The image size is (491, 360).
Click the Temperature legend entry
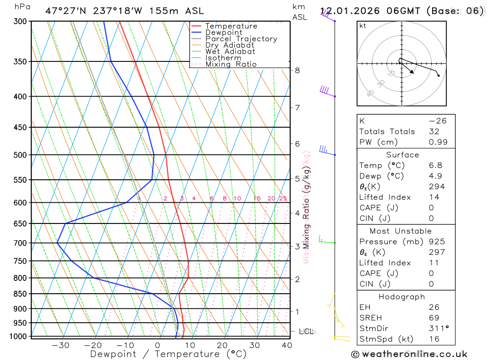click(x=231, y=26)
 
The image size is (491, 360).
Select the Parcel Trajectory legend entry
click(x=241, y=39)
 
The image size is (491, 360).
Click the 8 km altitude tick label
click(x=297, y=70)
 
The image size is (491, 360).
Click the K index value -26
click(x=436, y=121)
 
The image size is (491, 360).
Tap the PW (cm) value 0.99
click(x=438, y=142)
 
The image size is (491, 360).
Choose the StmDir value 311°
click(x=438, y=329)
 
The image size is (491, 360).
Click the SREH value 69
click(x=434, y=318)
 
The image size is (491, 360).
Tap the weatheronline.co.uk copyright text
click(x=409, y=354)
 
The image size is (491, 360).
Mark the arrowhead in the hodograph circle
click(x=412, y=73)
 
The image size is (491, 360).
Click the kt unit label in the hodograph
click(x=363, y=26)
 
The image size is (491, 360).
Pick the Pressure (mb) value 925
click(x=436, y=242)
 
